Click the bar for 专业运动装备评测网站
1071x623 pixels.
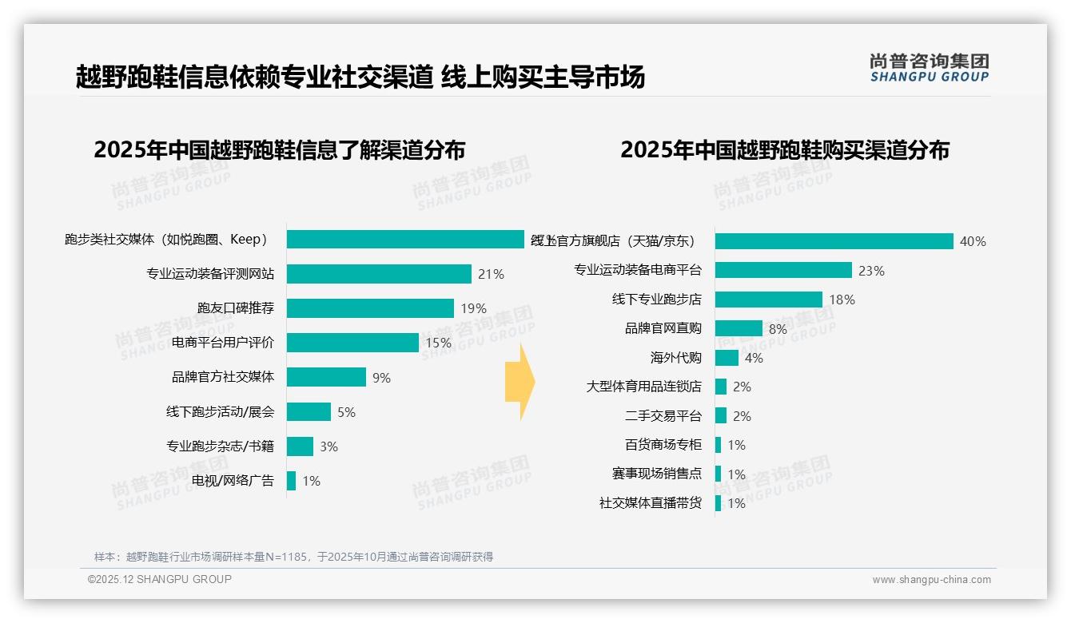[379, 274]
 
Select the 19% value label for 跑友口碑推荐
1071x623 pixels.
[473, 308]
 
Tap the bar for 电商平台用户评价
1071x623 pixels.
[352, 343]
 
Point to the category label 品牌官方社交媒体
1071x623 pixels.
[223, 377]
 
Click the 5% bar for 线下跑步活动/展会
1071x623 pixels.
[309, 412]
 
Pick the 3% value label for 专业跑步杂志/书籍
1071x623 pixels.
[328, 446]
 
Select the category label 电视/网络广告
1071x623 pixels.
[233, 481]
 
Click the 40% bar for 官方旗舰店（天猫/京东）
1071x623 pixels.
[834, 241]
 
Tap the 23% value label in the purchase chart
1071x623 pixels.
[871, 271]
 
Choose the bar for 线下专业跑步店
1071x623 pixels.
[768, 300]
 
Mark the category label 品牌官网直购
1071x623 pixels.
[663, 328]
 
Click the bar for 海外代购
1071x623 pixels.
[727, 358]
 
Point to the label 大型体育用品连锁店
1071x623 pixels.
[643, 387]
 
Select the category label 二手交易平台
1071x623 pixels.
[663, 416]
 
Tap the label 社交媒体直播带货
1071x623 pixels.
[650, 503]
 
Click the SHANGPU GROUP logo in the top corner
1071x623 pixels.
[929, 68]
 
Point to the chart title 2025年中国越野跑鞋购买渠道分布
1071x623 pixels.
[784, 150]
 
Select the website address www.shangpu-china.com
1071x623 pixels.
[931, 580]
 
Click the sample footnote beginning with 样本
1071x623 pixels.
[293, 557]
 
